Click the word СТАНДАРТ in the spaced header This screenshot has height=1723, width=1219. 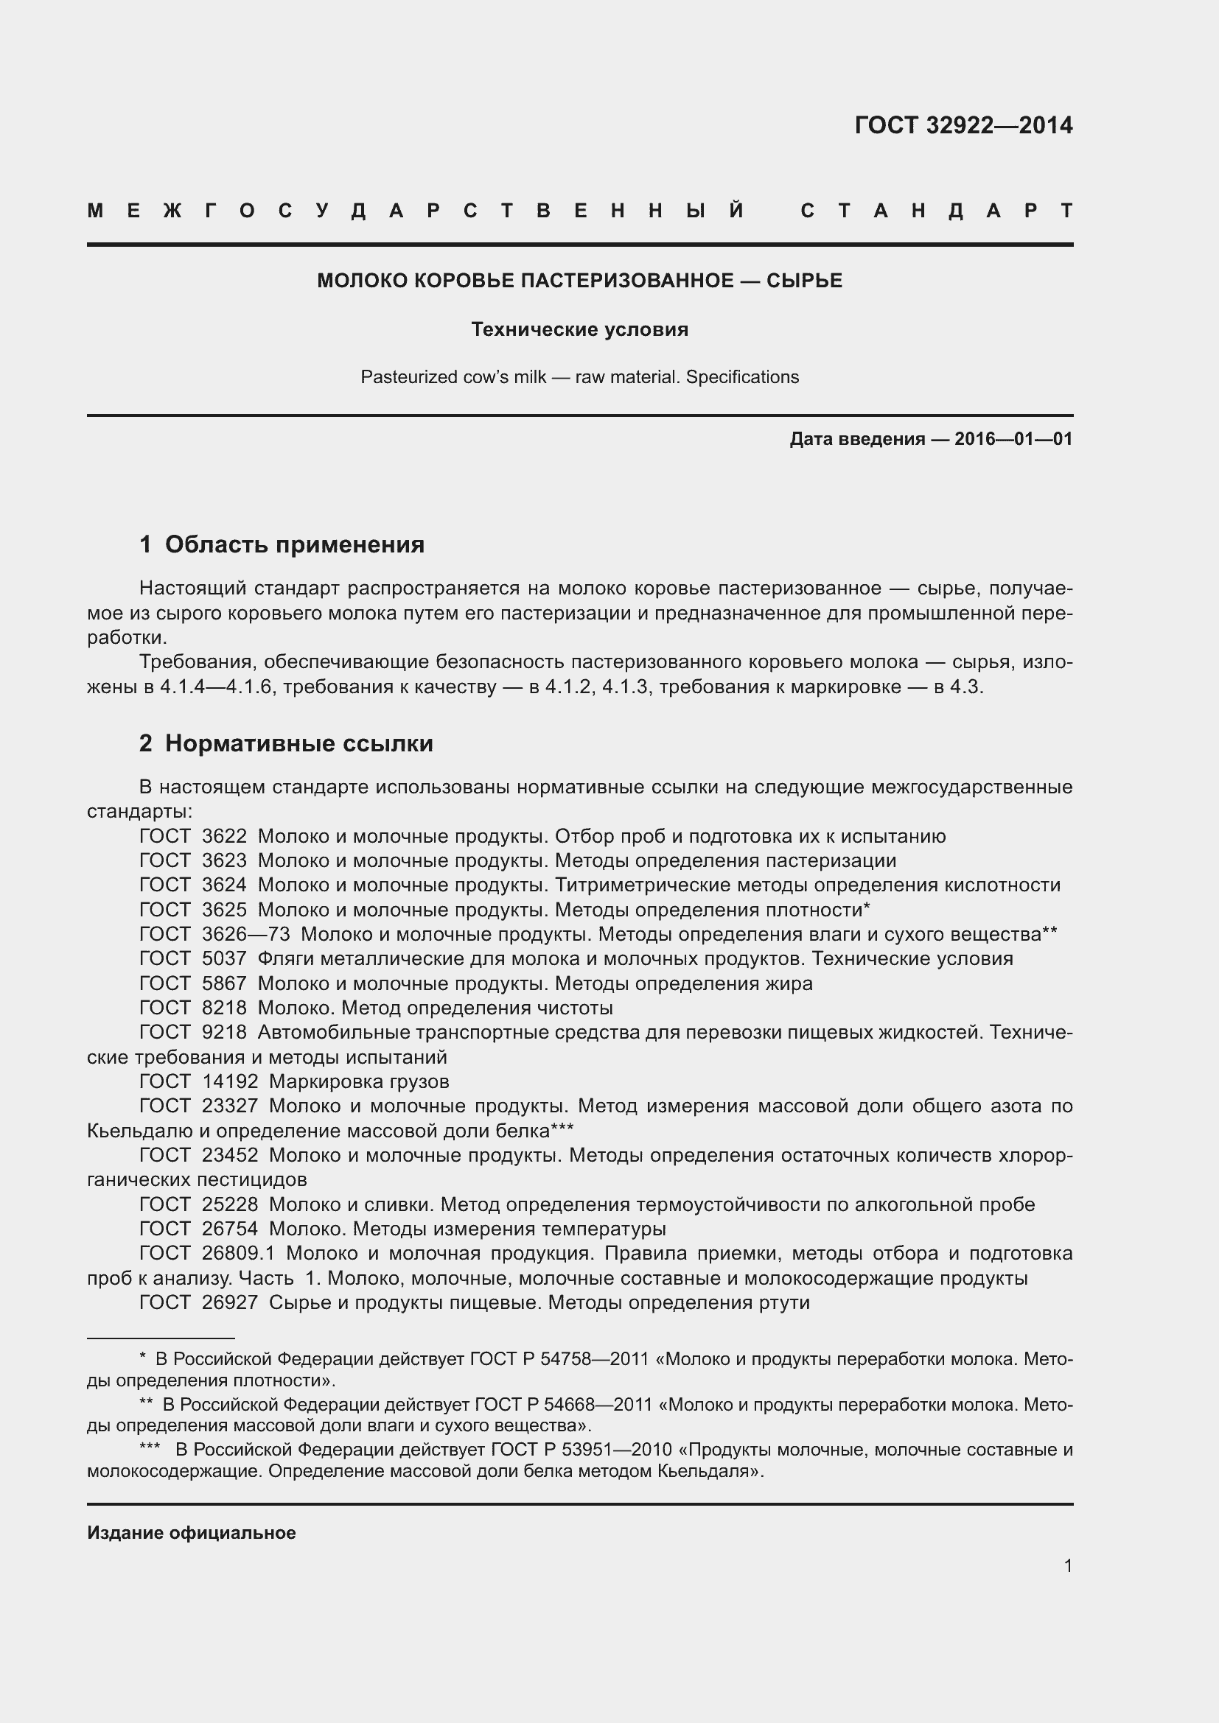pos(937,211)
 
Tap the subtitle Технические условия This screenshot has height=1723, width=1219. pos(579,329)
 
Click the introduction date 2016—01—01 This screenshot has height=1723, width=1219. pos(1013,439)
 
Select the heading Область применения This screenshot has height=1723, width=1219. pos(294,544)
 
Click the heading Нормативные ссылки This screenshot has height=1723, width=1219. pos(298,743)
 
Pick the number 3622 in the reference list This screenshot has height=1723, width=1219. pos(224,836)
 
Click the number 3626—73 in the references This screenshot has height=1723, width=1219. pos(245,933)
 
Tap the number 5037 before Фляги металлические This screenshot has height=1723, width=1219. pos(224,958)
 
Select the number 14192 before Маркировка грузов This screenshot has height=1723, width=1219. pos(230,1081)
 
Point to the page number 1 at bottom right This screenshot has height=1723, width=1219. pos(1068,1565)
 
